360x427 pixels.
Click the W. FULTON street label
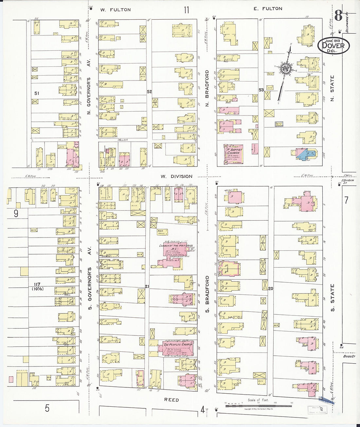(x=115, y=10)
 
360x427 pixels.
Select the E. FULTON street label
(x=267, y=9)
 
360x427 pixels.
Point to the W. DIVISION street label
(x=176, y=176)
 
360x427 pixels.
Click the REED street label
(x=171, y=400)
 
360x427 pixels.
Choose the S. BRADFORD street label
(x=207, y=294)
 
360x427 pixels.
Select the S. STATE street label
(x=333, y=297)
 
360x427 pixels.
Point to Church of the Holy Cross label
(x=176, y=245)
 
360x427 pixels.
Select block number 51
(x=37, y=93)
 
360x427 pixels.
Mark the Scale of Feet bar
(x=258, y=406)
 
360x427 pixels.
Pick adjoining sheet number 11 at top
(x=186, y=10)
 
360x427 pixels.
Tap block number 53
(x=261, y=90)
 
